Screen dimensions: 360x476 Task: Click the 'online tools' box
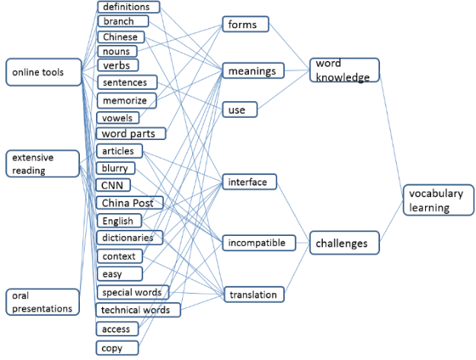point(43,72)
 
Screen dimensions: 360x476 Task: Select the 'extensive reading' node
point(43,164)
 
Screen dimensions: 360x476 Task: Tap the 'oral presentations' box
point(43,301)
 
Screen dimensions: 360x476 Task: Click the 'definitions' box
point(128,7)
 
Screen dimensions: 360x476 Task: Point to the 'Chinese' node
point(121,37)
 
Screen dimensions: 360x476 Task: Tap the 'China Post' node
point(130,202)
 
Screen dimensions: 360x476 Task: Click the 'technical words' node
point(138,310)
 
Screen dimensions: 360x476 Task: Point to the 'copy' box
point(112,348)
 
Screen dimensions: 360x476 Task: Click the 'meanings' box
point(252,72)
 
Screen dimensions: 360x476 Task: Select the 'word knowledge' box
point(344,70)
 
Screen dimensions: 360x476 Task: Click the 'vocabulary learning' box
point(437,200)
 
